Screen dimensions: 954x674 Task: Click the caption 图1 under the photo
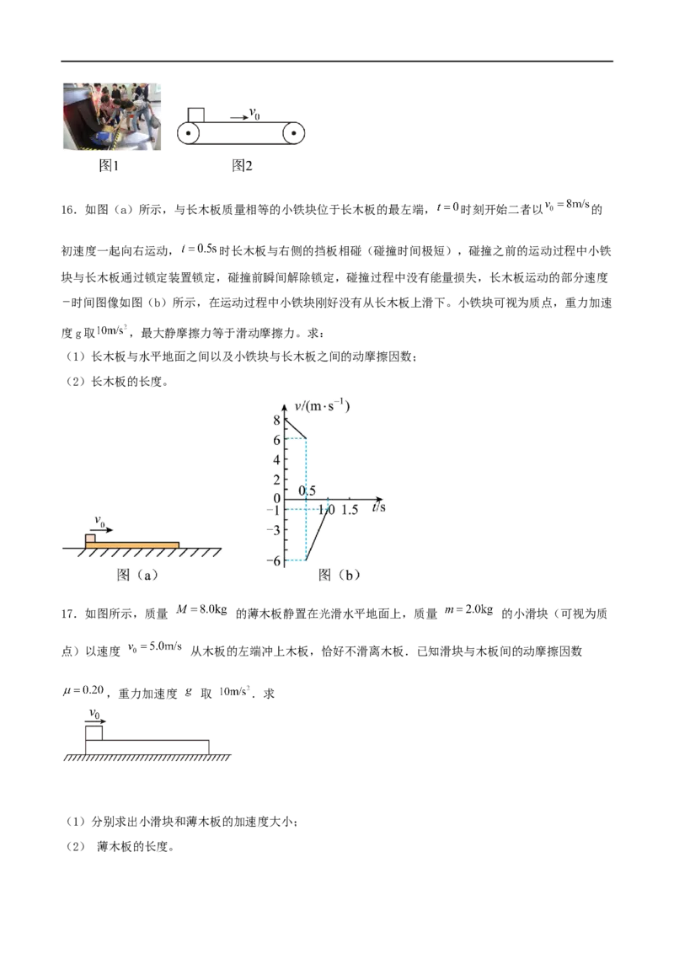[110, 167]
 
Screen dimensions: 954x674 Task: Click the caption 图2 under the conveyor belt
[243, 167]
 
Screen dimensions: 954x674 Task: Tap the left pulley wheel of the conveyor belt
[188, 133]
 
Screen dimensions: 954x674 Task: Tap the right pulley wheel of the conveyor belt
[294, 133]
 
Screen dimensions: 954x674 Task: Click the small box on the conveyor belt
[196, 115]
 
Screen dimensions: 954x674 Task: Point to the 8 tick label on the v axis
[276, 421]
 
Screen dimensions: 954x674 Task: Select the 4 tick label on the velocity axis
[276, 460]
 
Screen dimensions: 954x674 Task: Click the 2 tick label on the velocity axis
[276, 480]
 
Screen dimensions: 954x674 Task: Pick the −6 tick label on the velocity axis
[275, 561]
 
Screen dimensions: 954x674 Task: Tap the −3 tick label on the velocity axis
[275, 529]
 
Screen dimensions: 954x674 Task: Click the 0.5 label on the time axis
[308, 491]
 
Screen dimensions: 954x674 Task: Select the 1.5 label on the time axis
[350, 510]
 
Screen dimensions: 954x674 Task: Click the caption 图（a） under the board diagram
[137, 576]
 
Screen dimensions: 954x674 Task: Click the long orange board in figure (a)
[135, 545]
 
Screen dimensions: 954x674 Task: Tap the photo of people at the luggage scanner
[111, 117]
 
